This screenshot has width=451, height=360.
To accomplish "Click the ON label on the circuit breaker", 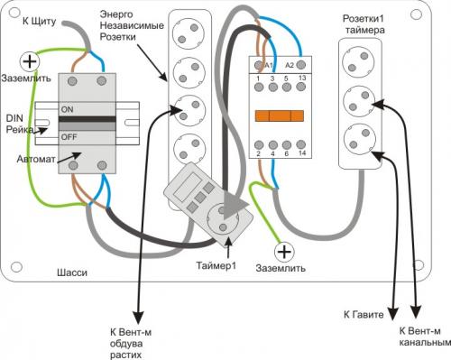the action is tap(67, 109).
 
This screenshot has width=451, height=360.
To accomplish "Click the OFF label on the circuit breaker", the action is tap(69, 137).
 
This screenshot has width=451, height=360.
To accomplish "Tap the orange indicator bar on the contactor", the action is tap(280, 115).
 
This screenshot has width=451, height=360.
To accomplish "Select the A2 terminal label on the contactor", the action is tap(290, 65).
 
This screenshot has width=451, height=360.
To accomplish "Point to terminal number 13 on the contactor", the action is tap(302, 78).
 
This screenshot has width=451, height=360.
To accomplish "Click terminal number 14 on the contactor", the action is tap(302, 153).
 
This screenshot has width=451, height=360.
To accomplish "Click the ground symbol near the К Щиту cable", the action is tap(30, 61).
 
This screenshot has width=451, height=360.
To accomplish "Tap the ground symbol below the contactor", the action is tap(284, 252).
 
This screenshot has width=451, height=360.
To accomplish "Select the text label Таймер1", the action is tap(216, 265).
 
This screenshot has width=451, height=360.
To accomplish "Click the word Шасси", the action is tap(72, 272).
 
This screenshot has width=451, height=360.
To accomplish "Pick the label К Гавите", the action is tap(364, 315).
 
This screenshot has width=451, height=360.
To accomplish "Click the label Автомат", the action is tap(36, 159).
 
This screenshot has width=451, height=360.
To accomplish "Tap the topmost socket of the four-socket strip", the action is tap(189, 33).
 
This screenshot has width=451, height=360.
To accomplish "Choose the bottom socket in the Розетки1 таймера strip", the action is tap(360, 138).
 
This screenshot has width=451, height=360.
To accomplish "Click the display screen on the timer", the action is tap(189, 187).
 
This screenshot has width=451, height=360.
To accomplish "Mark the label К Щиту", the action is tap(40, 22).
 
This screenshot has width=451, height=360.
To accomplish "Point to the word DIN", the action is tap(14, 118).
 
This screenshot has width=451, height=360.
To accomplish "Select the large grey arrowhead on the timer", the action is tap(235, 206).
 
